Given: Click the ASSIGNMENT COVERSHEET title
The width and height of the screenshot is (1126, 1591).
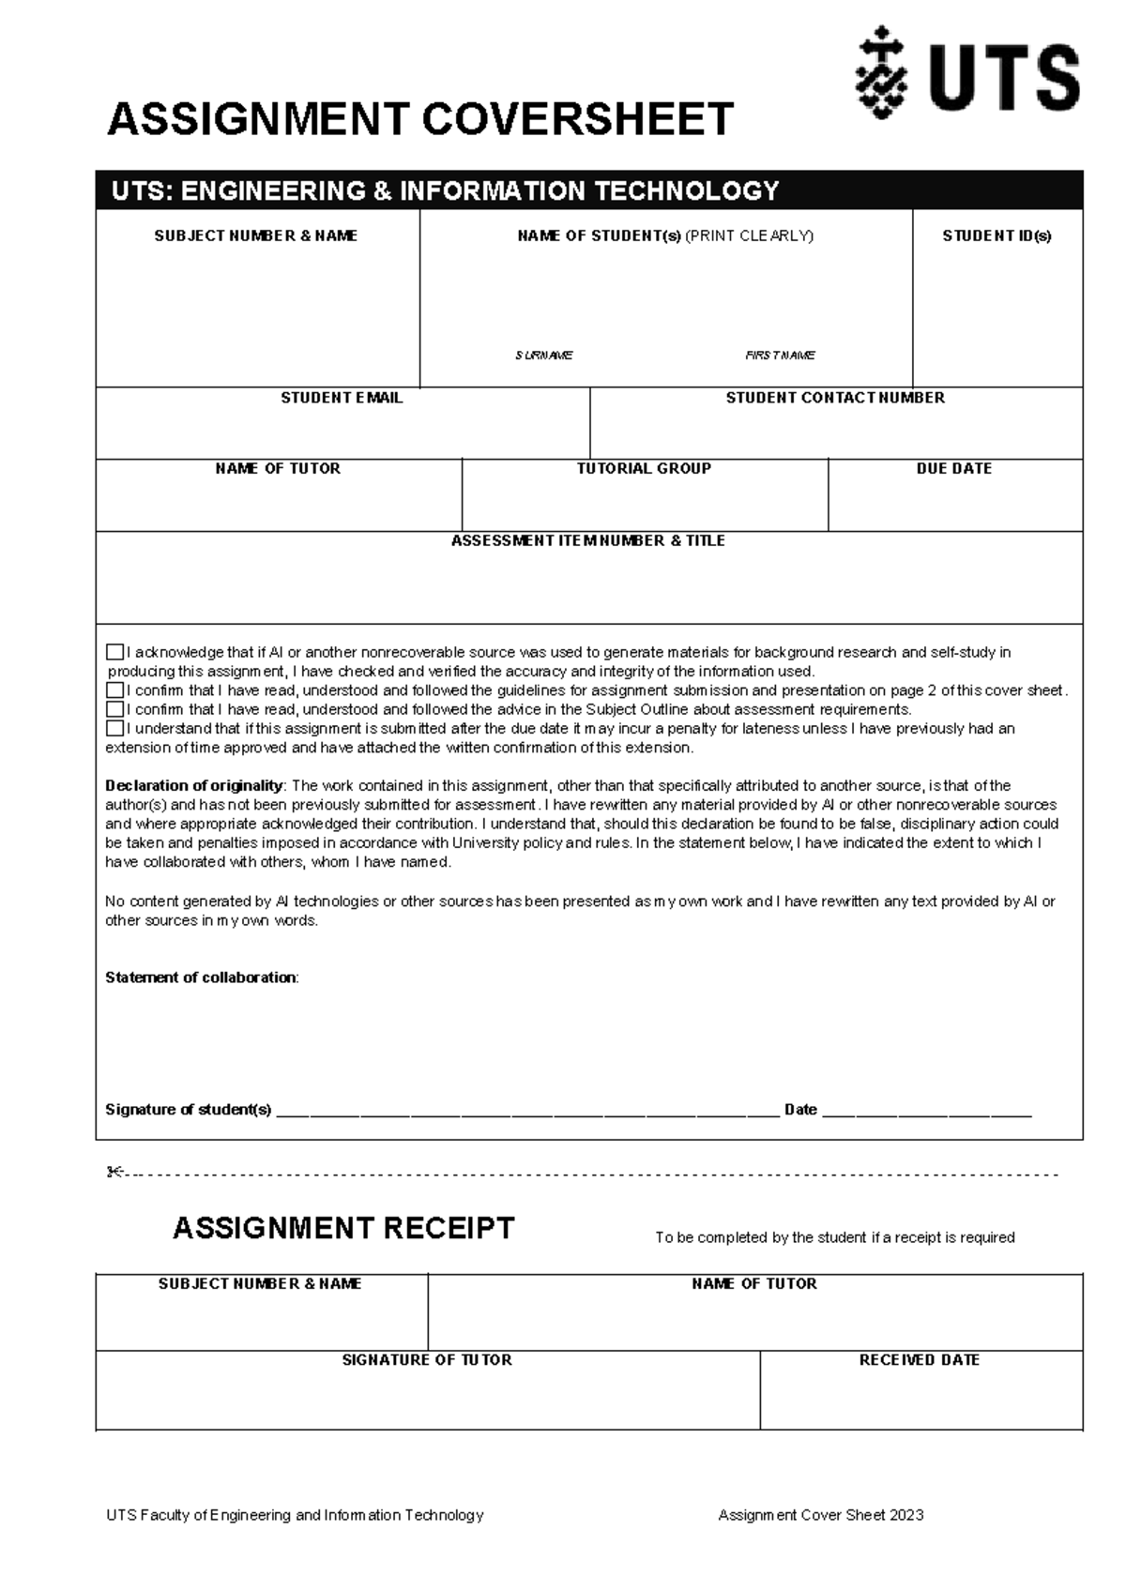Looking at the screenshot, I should tap(420, 120).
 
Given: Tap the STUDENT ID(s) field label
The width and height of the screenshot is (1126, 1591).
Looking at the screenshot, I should tap(997, 236).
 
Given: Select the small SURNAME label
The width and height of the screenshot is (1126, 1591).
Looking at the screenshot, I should tap(543, 356).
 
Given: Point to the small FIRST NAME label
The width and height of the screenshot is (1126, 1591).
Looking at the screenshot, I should tap(780, 356).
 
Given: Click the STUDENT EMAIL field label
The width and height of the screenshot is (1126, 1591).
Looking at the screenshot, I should tap(342, 398).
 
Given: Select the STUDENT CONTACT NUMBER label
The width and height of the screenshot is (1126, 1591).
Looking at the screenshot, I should tap(835, 398).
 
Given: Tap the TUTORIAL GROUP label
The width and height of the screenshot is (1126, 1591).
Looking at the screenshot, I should tap(644, 468).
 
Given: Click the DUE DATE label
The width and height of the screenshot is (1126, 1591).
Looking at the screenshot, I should tap(953, 468).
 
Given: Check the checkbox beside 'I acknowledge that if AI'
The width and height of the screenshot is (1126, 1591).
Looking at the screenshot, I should tap(114, 652).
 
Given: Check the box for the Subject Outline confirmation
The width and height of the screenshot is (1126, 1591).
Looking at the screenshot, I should tap(114, 709).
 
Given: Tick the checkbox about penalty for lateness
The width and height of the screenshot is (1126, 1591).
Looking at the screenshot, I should tap(114, 728).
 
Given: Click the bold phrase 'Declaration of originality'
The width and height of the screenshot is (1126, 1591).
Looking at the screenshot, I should tap(193, 785).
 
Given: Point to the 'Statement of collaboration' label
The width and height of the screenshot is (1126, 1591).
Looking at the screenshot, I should tap(201, 977).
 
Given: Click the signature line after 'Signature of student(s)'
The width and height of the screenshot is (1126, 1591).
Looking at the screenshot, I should tap(527, 1111).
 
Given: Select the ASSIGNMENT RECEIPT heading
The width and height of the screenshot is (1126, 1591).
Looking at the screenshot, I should tap(343, 1228).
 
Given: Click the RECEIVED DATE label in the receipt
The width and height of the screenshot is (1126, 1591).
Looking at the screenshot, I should tap(919, 1360).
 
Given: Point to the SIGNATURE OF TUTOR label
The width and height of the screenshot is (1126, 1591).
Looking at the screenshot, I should tap(427, 1360).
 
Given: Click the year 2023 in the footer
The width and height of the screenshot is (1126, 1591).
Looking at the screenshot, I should tap(906, 1515).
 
